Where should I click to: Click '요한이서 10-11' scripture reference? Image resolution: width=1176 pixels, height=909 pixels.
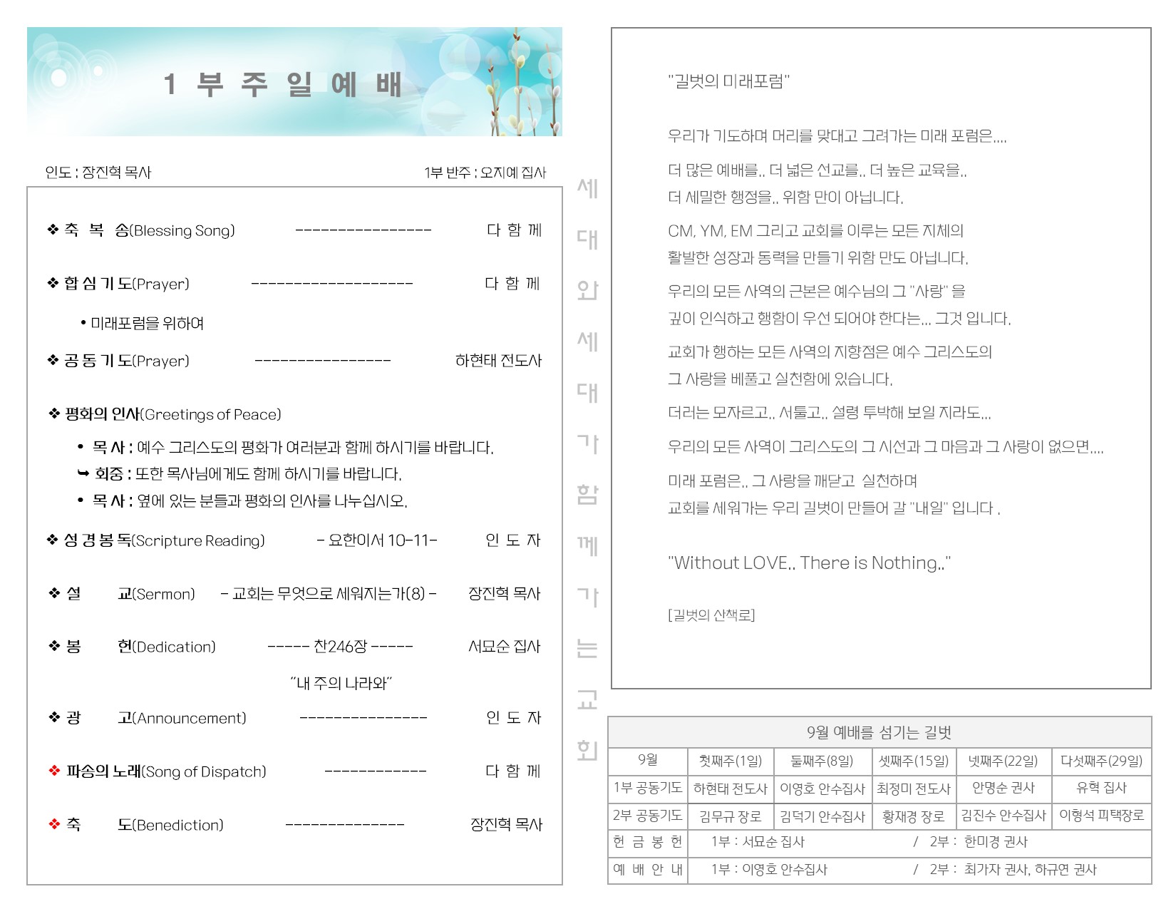tap(378, 540)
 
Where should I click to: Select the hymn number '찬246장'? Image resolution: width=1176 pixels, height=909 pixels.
tap(340, 647)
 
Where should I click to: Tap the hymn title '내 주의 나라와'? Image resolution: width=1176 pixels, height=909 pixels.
tap(341, 683)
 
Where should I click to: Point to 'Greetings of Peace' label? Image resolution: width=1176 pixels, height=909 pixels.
tap(211, 415)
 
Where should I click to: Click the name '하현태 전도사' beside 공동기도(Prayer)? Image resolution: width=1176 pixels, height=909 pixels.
tap(498, 361)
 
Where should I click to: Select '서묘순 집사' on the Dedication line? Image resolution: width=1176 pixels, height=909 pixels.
tap(504, 647)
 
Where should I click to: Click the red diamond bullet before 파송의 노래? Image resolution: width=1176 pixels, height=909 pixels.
tap(54, 771)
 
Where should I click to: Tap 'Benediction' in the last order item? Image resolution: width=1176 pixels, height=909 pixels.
tap(178, 825)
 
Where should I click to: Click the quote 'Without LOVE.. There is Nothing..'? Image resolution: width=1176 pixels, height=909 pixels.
tap(809, 563)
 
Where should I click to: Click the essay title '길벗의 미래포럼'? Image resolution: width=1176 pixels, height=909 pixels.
tap(728, 81)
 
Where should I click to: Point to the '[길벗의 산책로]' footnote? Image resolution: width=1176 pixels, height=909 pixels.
tap(711, 615)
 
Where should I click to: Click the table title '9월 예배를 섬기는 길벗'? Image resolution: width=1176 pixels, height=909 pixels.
tap(879, 732)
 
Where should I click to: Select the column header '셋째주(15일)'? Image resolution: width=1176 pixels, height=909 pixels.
tap(914, 761)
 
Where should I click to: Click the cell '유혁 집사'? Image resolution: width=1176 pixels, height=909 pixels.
tap(1101, 788)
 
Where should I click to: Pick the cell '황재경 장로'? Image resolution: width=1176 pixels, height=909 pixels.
tap(913, 816)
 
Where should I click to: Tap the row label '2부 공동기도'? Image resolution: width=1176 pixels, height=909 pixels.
tap(647, 815)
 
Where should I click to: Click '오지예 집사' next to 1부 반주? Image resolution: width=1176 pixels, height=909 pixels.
tap(513, 173)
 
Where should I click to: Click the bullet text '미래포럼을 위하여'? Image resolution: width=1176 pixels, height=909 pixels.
tap(147, 324)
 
